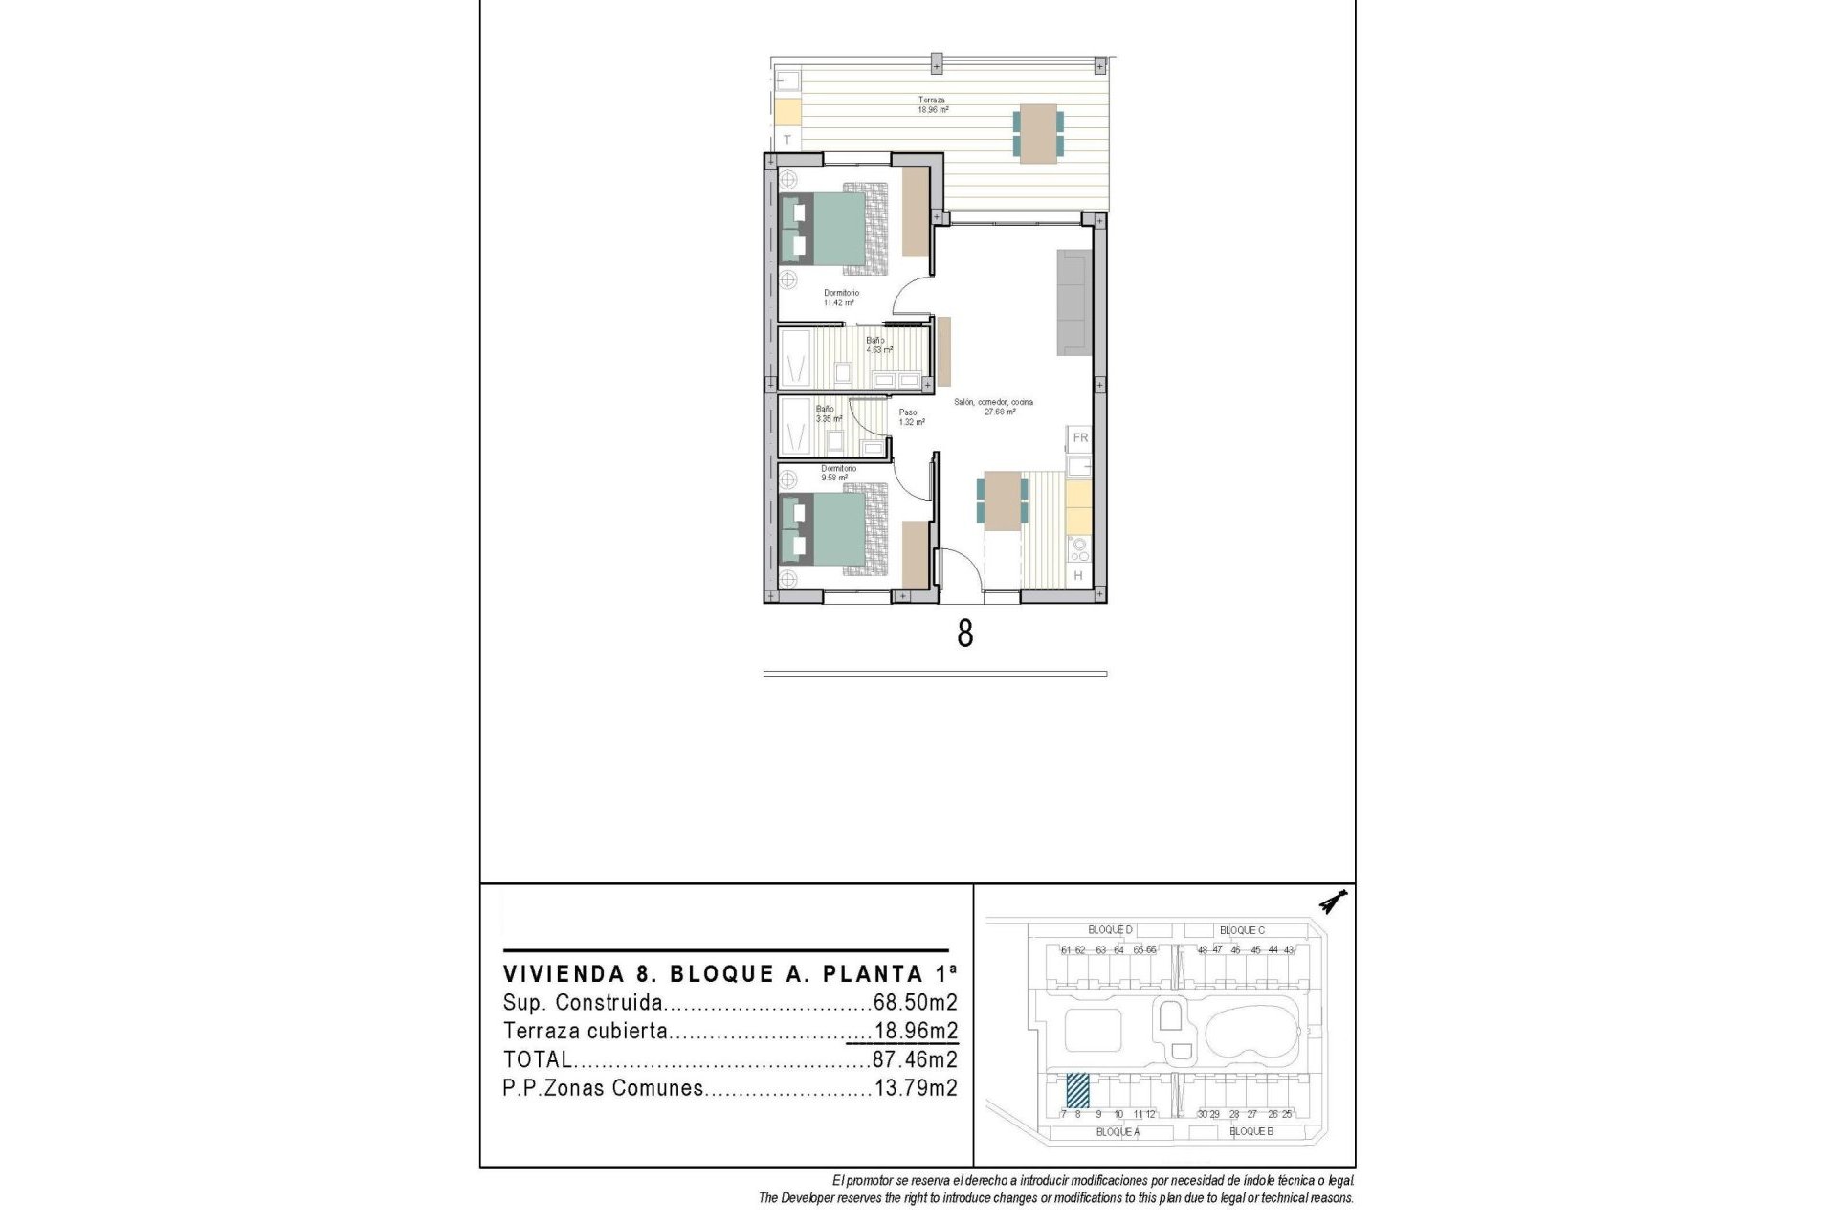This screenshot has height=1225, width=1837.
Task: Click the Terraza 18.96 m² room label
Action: [933, 104]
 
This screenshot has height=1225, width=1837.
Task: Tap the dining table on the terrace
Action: [1038, 134]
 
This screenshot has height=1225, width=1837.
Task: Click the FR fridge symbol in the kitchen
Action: [1080, 438]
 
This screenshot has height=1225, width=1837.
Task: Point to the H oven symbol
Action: [1078, 576]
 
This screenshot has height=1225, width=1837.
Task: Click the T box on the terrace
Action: [787, 140]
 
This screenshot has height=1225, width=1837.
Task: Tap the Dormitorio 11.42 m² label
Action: [841, 298]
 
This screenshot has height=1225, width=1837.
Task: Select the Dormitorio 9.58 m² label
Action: [837, 473]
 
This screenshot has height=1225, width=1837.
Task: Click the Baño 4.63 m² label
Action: [878, 345]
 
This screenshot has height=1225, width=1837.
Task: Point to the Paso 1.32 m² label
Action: [910, 417]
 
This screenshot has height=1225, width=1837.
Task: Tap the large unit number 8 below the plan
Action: [965, 634]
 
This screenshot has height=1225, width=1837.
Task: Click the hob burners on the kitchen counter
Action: [1079, 549]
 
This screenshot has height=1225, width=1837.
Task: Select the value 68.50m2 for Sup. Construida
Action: [915, 1003]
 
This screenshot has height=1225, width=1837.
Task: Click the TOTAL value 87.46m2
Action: [915, 1059]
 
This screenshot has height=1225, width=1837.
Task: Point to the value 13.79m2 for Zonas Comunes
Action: [916, 1088]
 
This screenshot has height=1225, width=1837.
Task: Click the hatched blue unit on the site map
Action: [1077, 1089]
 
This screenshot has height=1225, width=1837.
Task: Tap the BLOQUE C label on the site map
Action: [1242, 930]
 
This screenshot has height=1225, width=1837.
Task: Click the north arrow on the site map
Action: [1331, 902]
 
